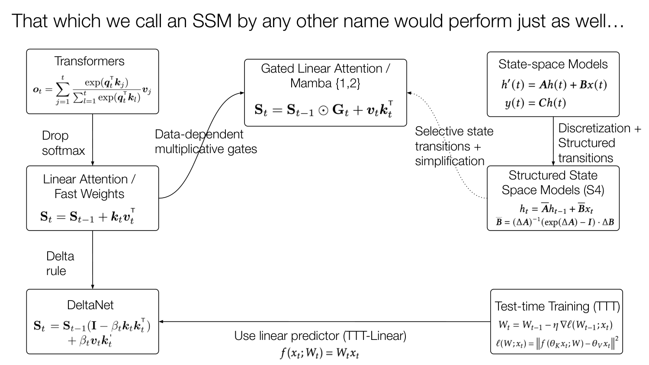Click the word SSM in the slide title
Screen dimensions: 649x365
click(212, 21)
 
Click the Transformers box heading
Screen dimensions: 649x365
click(89, 61)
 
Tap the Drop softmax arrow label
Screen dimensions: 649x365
click(64, 143)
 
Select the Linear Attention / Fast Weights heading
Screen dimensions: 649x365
click(89, 186)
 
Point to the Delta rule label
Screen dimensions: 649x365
click(60, 264)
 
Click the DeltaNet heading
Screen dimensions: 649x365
click(90, 305)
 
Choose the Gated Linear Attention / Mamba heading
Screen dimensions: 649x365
click(325, 76)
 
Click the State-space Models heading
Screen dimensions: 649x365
click(553, 64)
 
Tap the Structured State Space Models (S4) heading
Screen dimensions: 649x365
click(553, 183)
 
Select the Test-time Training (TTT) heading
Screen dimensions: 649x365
click(557, 307)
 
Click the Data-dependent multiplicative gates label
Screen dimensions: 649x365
click(206, 142)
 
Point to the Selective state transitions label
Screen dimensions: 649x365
click(454, 146)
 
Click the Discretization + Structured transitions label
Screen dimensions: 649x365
click(600, 143)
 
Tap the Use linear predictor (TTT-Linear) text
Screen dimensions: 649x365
click(320, 336)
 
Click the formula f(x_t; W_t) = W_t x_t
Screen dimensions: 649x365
click(320, 353)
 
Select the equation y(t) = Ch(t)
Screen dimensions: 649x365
click(535, 103)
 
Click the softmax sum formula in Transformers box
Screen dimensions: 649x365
click(92, 90)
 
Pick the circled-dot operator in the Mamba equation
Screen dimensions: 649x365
click(323, 111)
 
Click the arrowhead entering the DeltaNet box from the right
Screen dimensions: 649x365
click(161, 322)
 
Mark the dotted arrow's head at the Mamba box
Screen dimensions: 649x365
click(409, 93)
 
